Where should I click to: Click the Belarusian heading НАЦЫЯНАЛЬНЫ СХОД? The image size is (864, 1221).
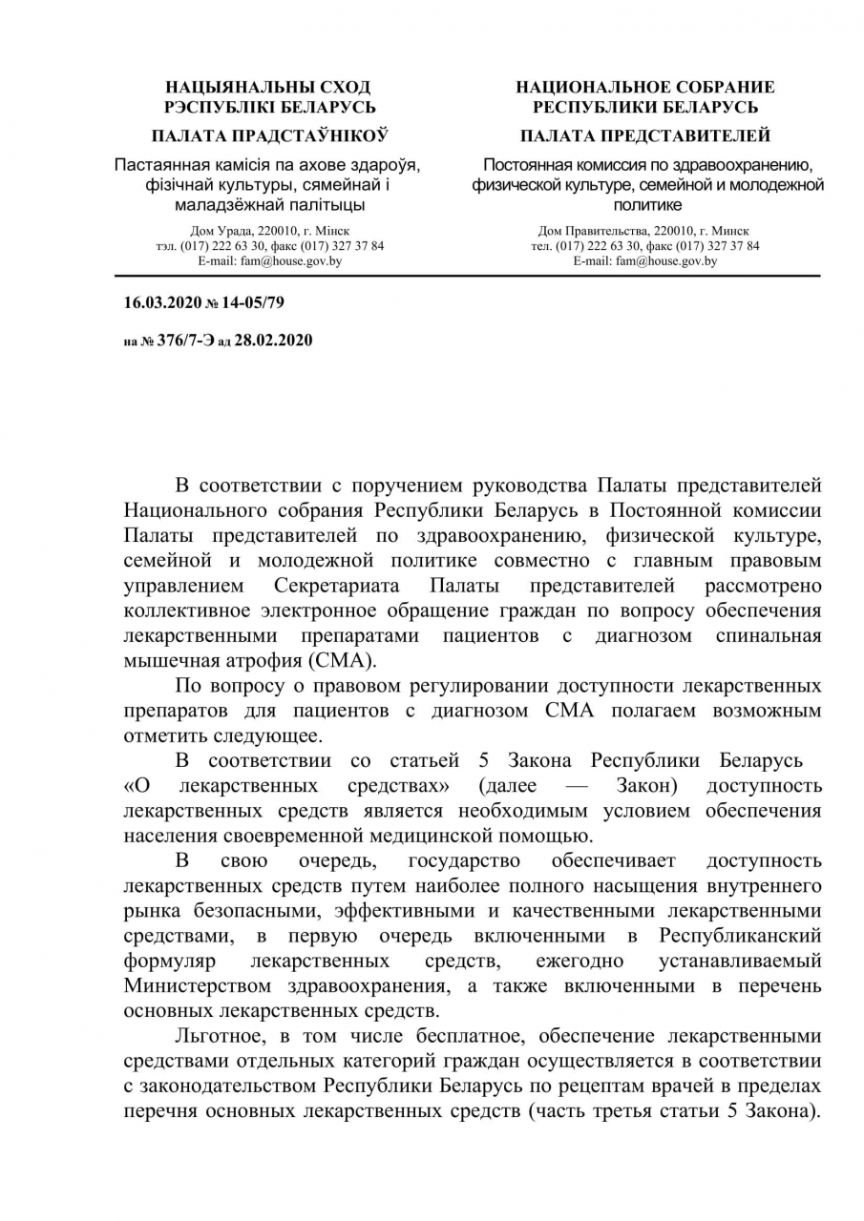(268, 87)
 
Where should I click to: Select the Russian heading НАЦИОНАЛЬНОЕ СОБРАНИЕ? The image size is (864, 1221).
(645, 87)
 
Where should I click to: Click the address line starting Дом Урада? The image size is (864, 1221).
(270, 231)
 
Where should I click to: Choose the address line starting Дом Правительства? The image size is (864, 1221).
(643, 231)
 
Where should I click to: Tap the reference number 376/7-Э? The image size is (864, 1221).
(179, 339)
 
